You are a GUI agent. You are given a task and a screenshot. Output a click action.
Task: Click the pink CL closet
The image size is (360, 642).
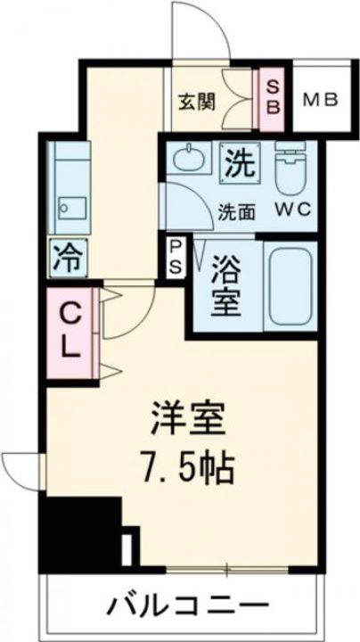[x=70, y=331]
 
